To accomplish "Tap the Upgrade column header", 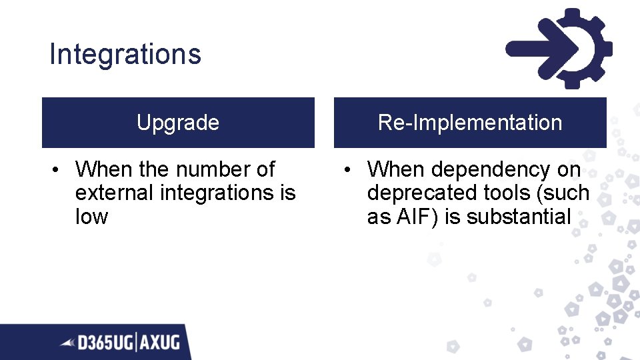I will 178,123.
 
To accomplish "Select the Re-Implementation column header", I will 470,123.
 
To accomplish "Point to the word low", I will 91,216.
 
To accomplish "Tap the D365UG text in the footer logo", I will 106,343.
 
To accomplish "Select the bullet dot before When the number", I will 58,170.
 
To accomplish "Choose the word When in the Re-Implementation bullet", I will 396,169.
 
